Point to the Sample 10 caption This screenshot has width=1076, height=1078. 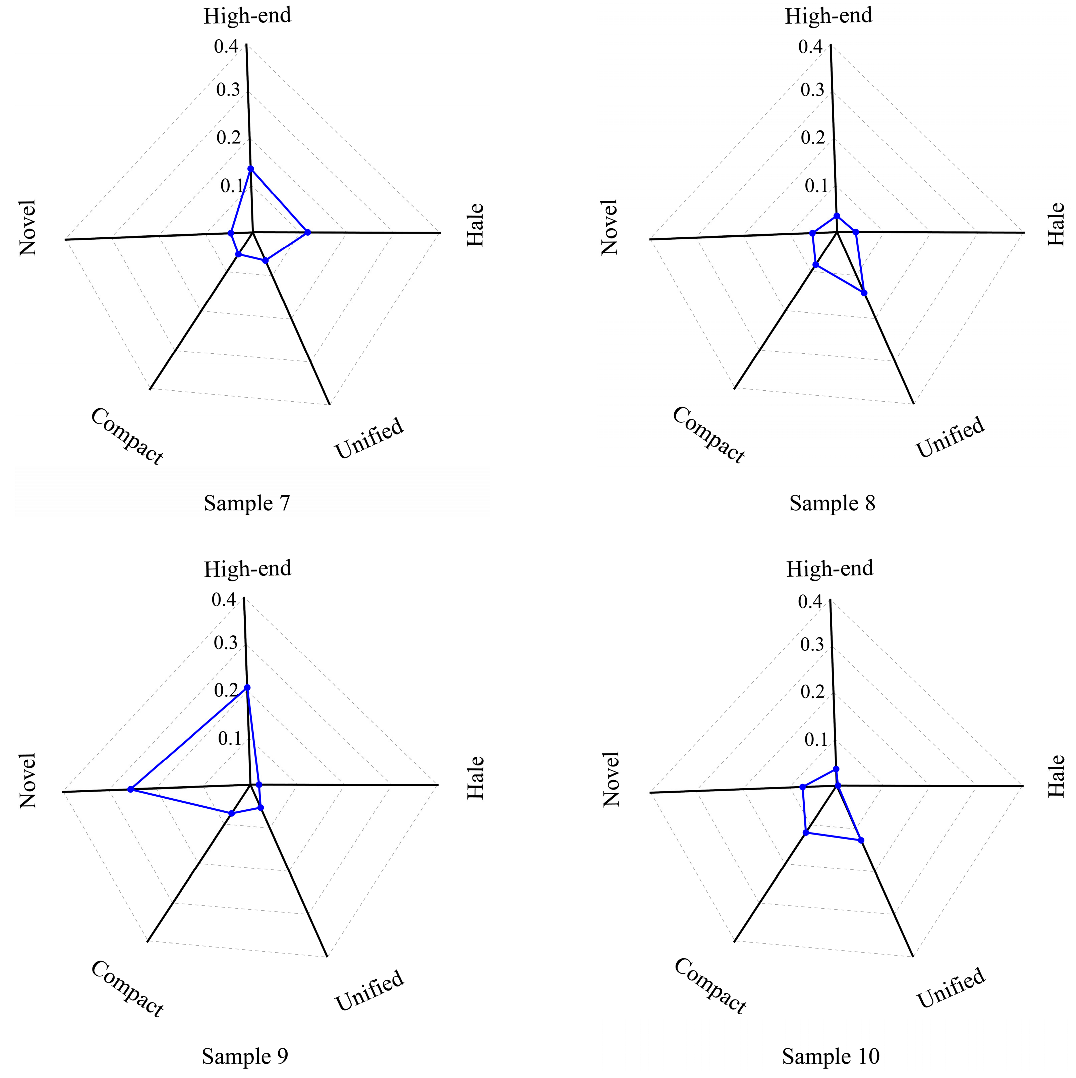tap(830, 1056)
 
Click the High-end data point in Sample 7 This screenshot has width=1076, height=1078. tap(251, 169)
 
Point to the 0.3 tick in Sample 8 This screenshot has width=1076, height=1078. tap(812, 90)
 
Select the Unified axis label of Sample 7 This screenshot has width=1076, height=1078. tap(369, 438)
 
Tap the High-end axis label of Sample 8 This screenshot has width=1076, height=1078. tap(828, 16)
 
